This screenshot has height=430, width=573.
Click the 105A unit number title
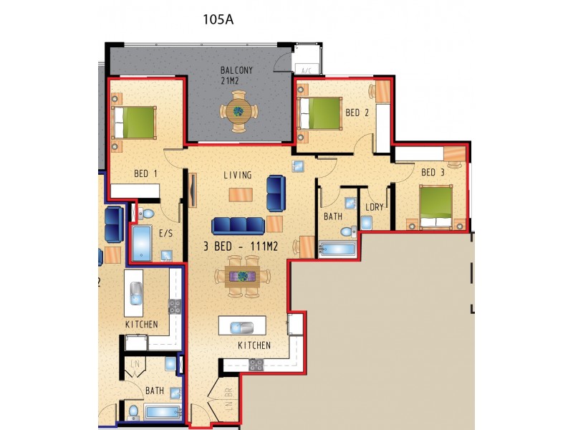click(219, 19)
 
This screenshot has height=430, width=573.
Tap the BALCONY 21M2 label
click(237, 75)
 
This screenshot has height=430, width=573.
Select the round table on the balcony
click(237, 111)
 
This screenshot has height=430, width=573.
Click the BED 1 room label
click(145, 173)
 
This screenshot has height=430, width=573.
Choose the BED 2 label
click(357, 113)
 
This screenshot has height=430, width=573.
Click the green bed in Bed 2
click(322, 113)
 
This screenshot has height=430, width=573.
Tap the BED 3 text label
click(433, 172)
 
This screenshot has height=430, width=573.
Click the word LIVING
click(237, 175)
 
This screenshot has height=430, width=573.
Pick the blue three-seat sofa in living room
click(239, 226)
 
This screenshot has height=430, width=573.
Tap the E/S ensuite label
click(165, 233)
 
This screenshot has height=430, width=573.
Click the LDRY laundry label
click(374, 207)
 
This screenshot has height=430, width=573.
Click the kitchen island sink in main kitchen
click(241, 328)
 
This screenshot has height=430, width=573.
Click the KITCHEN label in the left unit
click(141, 325)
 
